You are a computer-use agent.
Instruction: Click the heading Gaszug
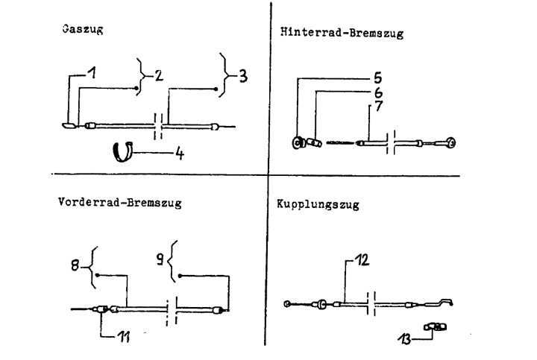pos(83,32)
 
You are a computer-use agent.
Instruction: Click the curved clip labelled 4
pos(122,151)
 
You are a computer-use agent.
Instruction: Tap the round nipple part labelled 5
pos(297,142)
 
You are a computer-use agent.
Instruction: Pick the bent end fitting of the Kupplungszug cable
pos(444,303)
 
